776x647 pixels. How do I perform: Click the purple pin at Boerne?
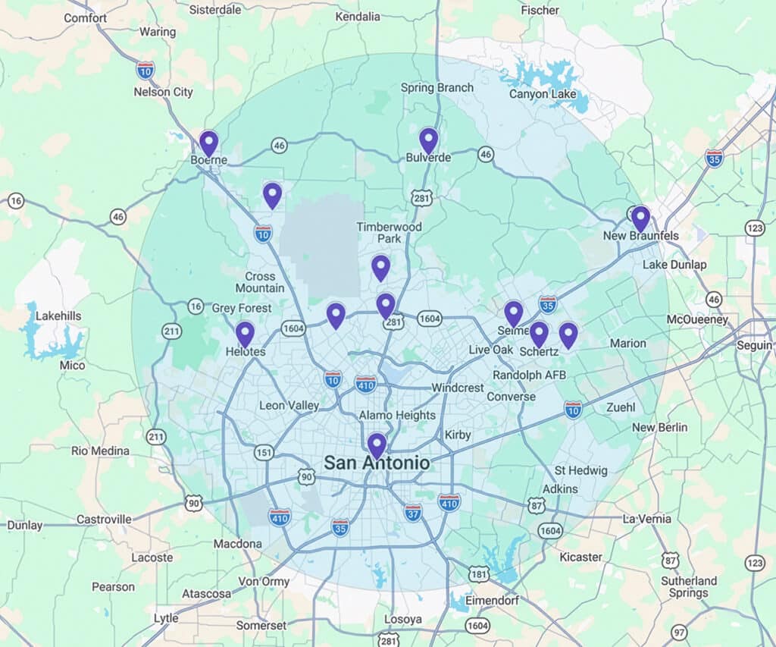click(x=208, y=143)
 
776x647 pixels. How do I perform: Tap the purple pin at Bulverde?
click(x=429, y=140)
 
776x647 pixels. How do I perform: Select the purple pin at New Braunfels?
click(x=640, y=218)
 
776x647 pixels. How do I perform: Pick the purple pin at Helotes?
click(x=245, y=334)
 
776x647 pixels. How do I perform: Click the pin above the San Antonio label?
click(x=377, y=445)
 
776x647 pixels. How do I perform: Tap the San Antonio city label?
click(x=377, y=463)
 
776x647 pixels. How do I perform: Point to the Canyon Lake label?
click(x=543, y=94)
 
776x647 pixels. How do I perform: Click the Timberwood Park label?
click(x=390, y=232)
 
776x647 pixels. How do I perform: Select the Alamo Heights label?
click(x=397, y=415)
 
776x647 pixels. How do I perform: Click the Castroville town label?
click(x=104, y=520)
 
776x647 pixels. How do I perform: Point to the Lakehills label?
click(x=58, y=316)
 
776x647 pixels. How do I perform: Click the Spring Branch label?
click(x=437, y=87)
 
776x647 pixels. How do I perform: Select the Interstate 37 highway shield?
click(x=413, y=513)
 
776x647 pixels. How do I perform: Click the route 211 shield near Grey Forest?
click(x=169, y=331)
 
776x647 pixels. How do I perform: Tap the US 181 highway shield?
click(x=479, y=575)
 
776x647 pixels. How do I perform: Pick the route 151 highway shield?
click(x=263, y=453)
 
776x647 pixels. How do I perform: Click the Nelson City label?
click(x=163, y=92)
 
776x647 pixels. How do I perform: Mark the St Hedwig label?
click(x=581, y=470)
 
